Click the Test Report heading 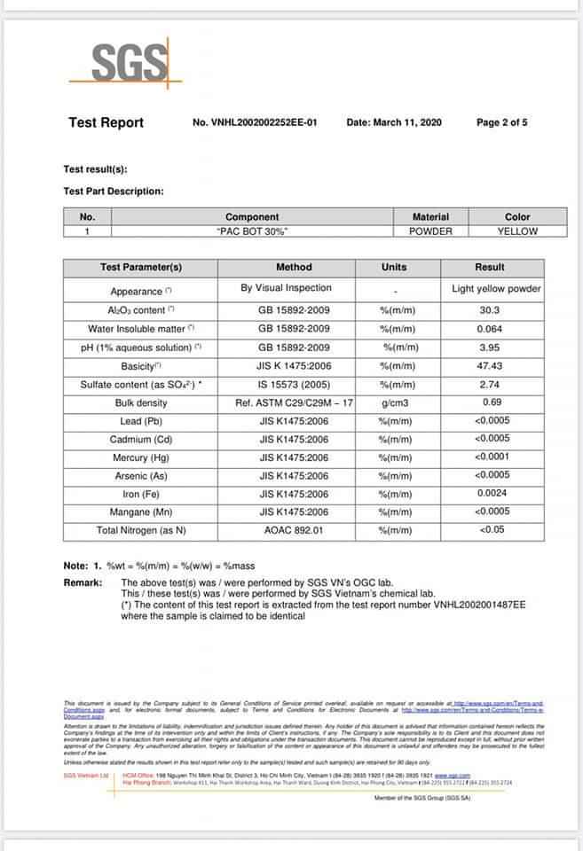coord(106,122)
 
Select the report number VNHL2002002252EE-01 coord(255,122)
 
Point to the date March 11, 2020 coord(393,122)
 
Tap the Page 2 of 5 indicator coord(501,122)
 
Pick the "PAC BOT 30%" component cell coord(252,231)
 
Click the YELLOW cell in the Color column coord(517,231)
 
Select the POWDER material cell coord(430,231)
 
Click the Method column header coord(294,267)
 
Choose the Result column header coord(489,267)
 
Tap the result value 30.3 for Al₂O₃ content coord(489,310)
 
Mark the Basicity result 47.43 coord(489,365)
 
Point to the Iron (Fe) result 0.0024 coord(491,493)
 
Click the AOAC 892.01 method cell coord(294,530)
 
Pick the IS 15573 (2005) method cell coord(294,384)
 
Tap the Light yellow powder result coord(496,288)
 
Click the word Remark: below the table coord(84,582)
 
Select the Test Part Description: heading coord(114,191)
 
